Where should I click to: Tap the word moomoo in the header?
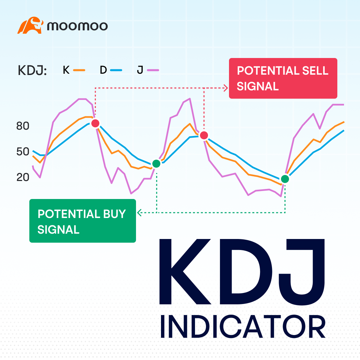77,26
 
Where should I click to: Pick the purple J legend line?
153,70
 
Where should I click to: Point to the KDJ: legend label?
32,71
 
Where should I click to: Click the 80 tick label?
23,126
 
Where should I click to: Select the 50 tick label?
23,152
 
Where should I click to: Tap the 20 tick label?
23,177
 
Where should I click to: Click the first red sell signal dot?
95,123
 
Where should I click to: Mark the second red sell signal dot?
204,135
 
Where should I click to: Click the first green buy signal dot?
156,163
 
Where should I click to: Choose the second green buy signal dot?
285,179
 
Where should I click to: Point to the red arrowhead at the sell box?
226,88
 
